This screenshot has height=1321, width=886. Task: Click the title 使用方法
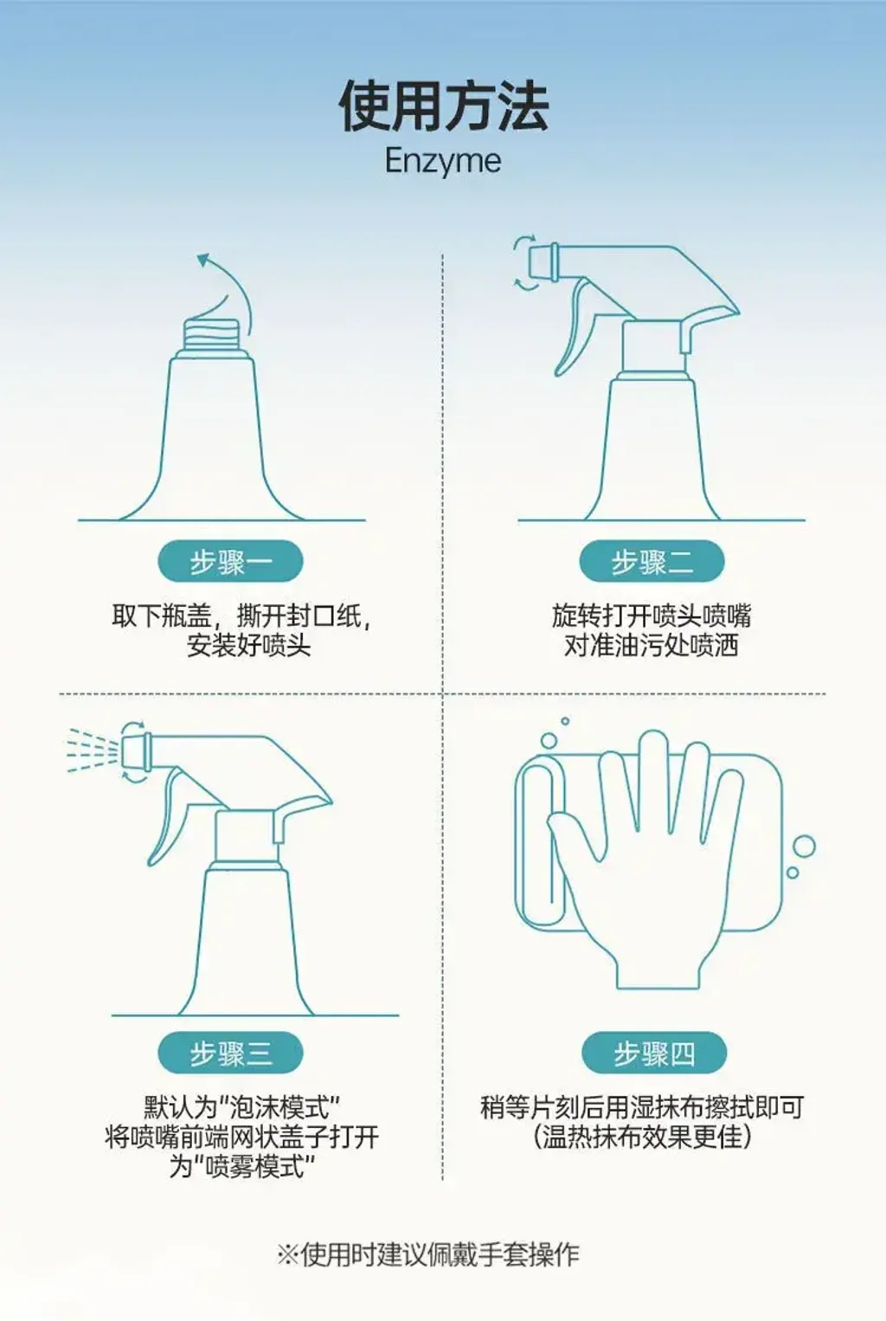[x=443, y=106]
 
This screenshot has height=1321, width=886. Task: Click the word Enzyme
[x=443, y=161]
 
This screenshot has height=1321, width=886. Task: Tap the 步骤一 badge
[x=230, y=561]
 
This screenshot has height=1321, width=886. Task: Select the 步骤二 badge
[x=652, y=561]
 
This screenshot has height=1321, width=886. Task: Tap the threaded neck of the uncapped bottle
[x=212, y=335]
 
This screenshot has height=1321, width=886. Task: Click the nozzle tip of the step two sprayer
[x=542, y=261]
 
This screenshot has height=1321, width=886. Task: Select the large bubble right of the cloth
[x=804, y=847]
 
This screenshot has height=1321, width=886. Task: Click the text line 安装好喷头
[x=248, y=646]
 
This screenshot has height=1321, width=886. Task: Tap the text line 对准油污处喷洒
[x=652, y=646]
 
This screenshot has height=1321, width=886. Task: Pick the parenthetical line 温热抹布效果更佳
[x=642, y=1137]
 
